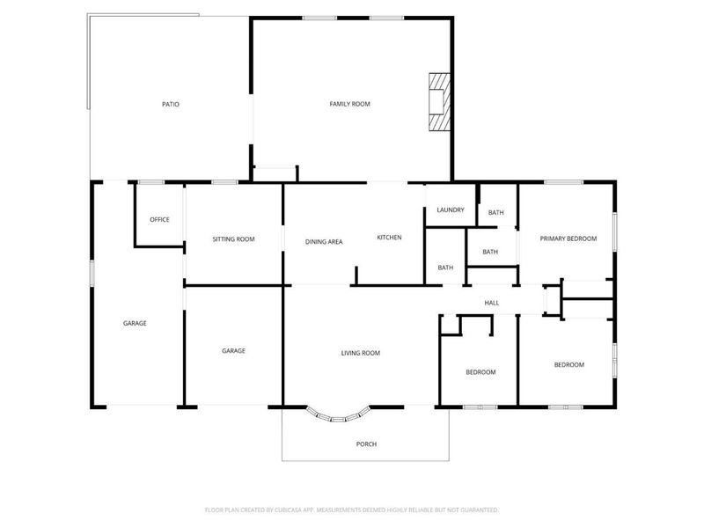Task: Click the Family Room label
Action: tap(349, 104)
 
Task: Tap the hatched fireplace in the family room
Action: tap(437, 102)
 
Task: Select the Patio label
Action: tap(171, 104)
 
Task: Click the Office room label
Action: tap(159, 219)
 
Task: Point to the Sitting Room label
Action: tap(233, 238)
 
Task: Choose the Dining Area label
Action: tap(324, 241)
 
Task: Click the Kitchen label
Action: tap(390, 238)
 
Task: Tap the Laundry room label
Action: tap(450, 209)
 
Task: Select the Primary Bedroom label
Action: tap(568, 238)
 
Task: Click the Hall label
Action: tap(492, 303)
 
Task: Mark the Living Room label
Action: tap(360, 353)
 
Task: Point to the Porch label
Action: tap(366, 444)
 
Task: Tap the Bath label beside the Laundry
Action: tap(496, 212)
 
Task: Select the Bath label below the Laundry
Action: tap(445, 268)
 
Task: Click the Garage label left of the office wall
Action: tap(135, 323)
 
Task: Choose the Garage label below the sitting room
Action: tap(233, 350)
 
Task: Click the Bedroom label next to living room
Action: tap(480, 371)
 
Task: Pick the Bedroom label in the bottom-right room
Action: tap(568, 364)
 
